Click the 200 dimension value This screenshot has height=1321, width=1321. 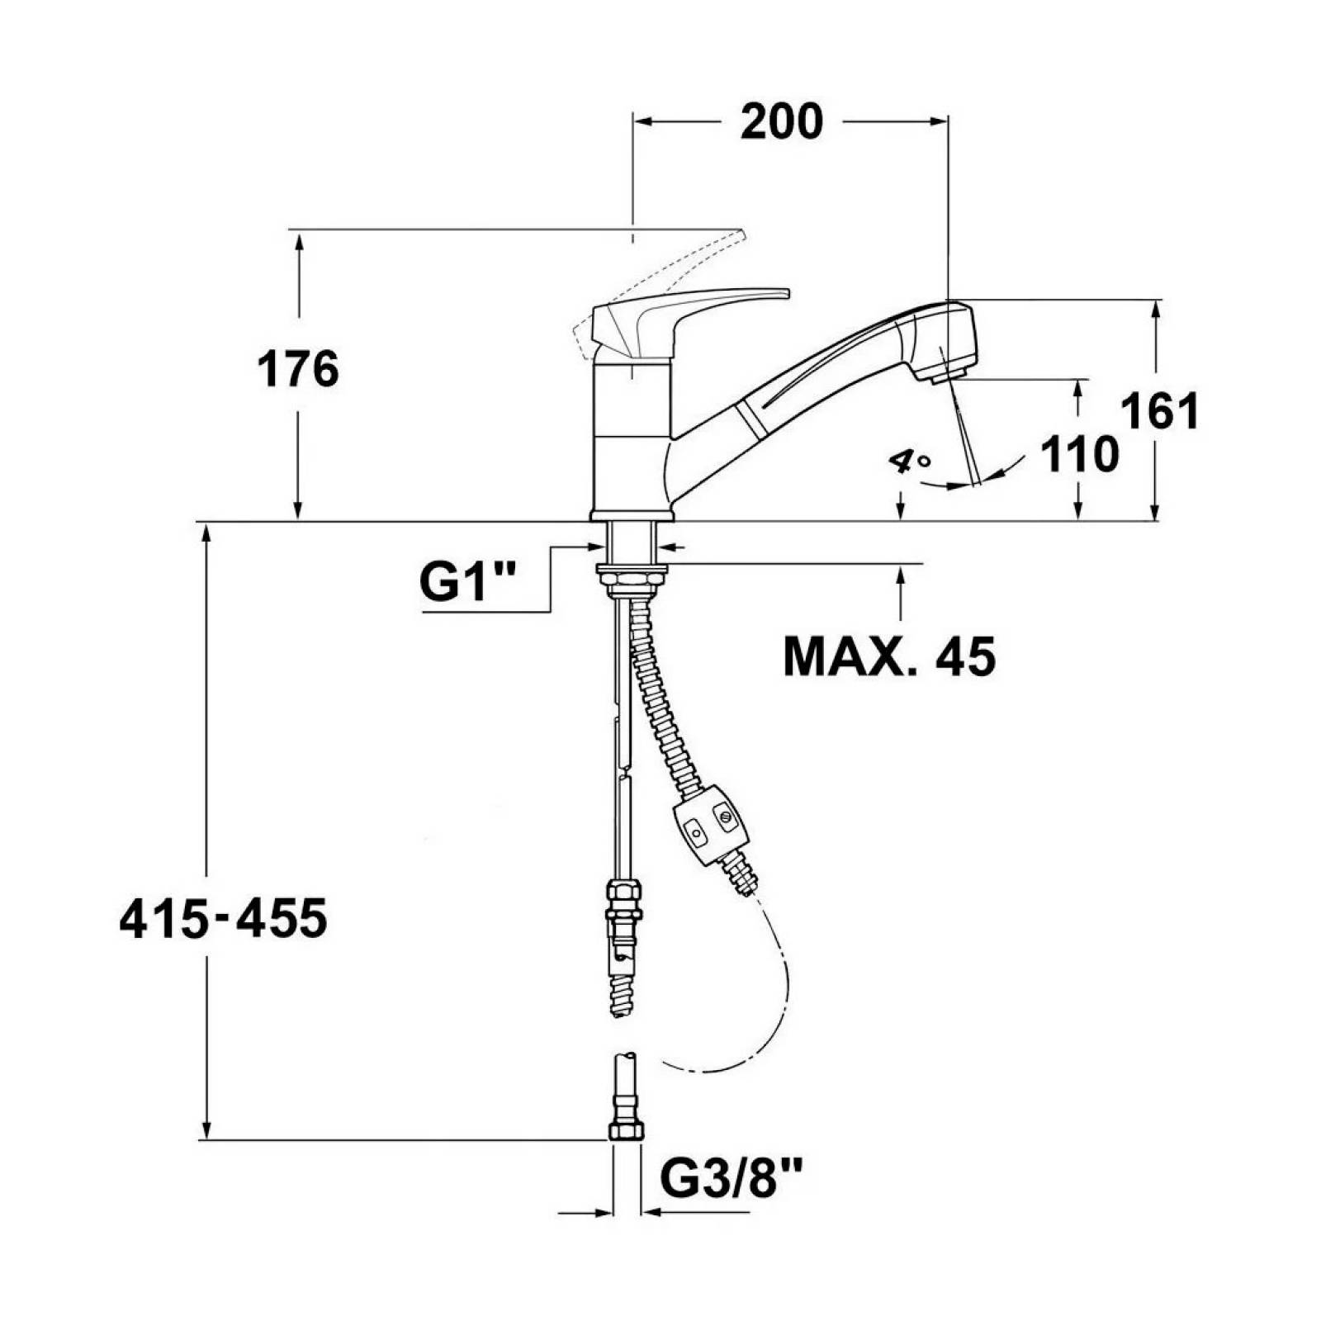(782, 121)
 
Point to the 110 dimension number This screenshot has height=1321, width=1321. (1079, 454)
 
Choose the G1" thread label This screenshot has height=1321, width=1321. (467, 583)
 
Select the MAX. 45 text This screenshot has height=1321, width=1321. (890, 656)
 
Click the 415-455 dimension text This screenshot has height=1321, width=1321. (223, 918)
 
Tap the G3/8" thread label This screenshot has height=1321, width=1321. (731, 1181)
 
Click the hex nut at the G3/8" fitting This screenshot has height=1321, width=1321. (627, 1130)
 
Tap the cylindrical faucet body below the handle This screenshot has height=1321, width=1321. (633, 438)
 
